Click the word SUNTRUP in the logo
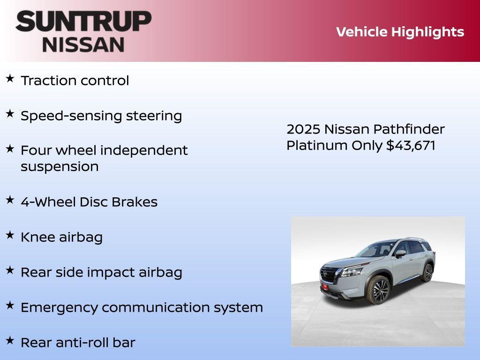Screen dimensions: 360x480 [x=83, y=21]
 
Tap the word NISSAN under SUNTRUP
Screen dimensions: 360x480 [x=83, y=45]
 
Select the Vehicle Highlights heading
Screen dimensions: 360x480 [x=400, y=32]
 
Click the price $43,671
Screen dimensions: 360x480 [x=411, y=145]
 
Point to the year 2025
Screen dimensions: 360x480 [x=303, y=129]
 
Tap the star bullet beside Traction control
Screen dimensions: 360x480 [x=10, y=79]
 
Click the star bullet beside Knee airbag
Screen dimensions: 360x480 [x=10, y=235]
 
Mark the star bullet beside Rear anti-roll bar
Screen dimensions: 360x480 [x=10, y=340]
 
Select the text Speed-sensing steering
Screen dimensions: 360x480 [x=101, y=116]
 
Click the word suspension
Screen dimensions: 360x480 [x=60, y=167]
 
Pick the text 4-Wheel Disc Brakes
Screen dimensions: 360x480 [x=89, y=202]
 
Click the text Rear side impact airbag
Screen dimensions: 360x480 [x=101, y=272]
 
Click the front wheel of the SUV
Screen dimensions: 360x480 [x=380, y=290]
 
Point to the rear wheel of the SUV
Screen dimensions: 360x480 [x=427, y=273]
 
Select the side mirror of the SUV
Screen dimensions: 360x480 [x=400, y=254]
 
